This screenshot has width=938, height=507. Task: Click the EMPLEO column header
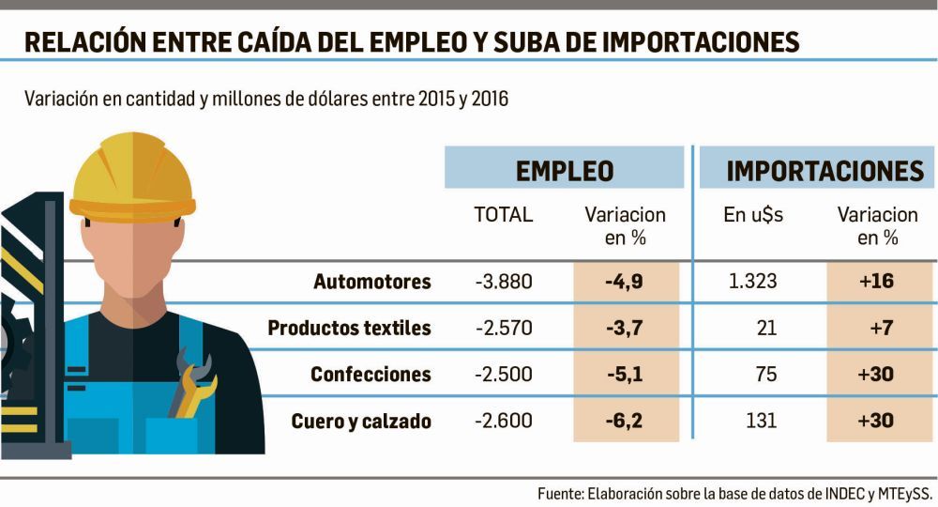pyautogui.click(x=565, y=170)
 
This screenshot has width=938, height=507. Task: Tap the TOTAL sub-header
pyautogui.click(x=504, y=215)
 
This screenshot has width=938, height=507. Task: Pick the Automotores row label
pyautogui.click(x=371, y=282)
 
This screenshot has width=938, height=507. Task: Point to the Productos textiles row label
pyautogui.click(x=349, y=328)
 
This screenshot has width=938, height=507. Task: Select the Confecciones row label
pyautogui.click(x=371, y=375)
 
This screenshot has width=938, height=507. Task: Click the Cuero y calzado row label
pyautogui.click(x=360, y=422)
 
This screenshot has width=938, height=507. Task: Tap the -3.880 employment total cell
pyautogui.click(x=504, y=282)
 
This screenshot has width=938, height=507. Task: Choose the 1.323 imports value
pyautogui.click(x=753, y=282)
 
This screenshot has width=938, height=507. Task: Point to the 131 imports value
pyautogui.click(x=762, y=422)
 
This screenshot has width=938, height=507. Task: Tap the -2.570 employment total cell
pyautogui.click(x=504, y=328)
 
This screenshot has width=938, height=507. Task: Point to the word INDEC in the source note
pyautogui.click(x=845, y=493)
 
